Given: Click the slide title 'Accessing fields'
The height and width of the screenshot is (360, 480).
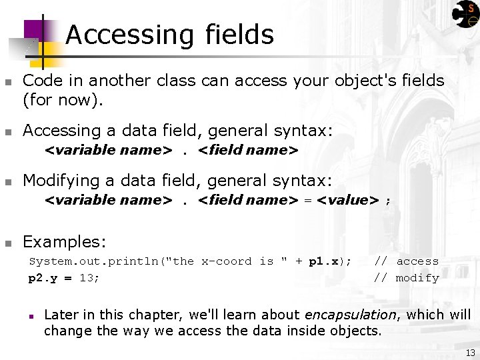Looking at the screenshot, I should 169,35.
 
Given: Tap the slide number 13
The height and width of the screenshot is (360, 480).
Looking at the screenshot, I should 470,353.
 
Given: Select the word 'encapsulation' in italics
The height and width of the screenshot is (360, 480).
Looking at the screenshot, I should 350,315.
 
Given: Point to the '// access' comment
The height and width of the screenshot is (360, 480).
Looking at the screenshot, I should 406,261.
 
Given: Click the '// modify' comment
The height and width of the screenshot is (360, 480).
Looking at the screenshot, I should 406,277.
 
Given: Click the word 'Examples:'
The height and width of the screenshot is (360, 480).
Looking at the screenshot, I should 64,241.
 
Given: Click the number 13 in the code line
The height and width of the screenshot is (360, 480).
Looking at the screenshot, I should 87,277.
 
